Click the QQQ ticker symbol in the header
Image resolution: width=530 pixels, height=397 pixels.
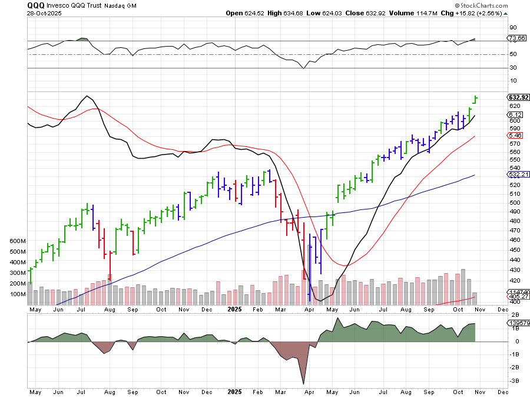click(35, 5)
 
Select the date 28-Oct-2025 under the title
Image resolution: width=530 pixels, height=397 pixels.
click(42, 12)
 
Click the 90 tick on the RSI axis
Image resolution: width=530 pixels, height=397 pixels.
click(514, 27)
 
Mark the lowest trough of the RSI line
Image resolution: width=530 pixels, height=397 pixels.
click(304, 68)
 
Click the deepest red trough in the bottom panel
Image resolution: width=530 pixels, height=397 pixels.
click(304, 384)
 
